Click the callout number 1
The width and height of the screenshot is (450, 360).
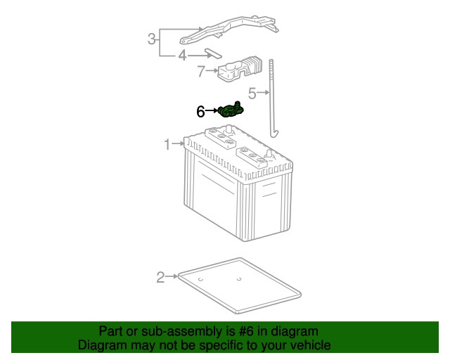167,144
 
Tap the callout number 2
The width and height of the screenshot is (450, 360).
161,277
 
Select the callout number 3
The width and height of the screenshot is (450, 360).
152,39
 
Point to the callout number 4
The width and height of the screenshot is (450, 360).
183,56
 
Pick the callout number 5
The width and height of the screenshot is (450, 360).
252,94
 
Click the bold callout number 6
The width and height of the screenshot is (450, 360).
200,112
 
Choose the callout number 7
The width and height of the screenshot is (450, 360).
202,71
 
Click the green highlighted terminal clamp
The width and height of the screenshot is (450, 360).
231,110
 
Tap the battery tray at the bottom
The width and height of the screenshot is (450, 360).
240,285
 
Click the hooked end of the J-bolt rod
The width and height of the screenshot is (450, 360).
275,134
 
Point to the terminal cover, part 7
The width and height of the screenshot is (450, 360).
240,69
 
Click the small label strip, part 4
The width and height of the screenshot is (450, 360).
213,53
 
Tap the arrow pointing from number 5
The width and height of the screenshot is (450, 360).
263,92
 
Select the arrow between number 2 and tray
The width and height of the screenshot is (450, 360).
172,276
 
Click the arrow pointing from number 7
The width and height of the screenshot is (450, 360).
212,70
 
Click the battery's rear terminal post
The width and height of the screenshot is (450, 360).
229,129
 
